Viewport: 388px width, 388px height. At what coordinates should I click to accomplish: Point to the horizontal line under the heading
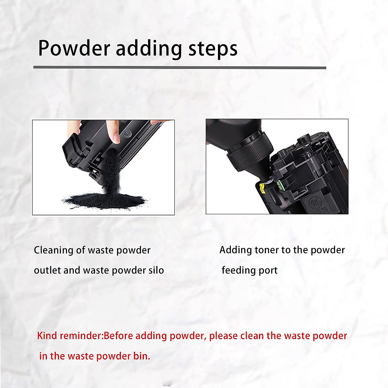tap(179, 68)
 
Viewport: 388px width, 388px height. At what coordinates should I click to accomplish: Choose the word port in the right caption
tap(268, 271)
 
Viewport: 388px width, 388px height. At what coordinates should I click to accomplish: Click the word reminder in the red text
tap(81, 336)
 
